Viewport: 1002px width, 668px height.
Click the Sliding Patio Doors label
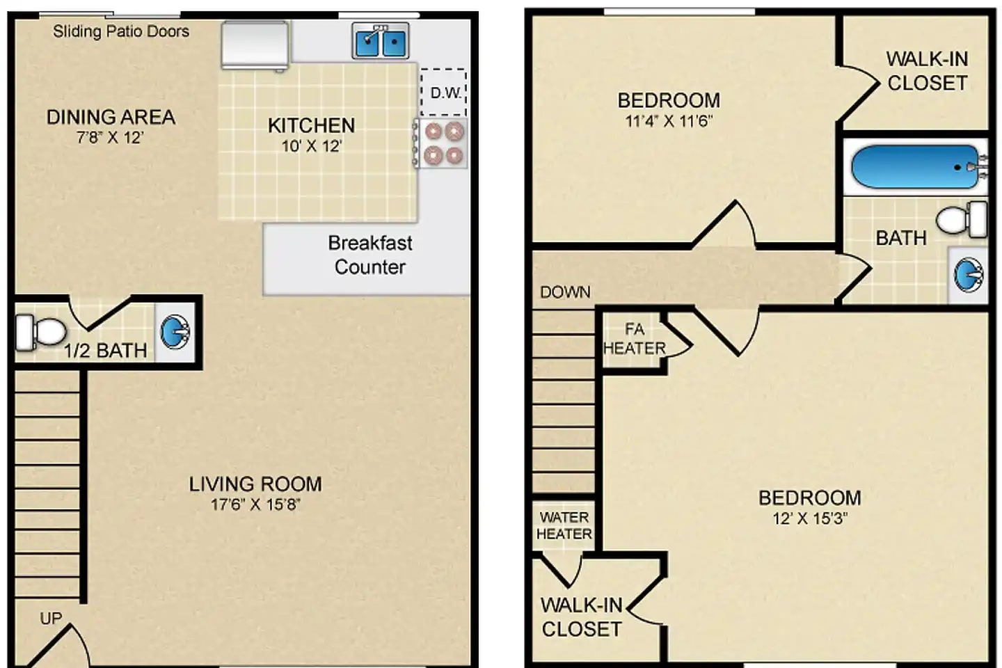tap(121, 31)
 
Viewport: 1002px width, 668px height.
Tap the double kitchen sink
tap(380, 41)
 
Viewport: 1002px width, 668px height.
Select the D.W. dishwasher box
tap(443, 93)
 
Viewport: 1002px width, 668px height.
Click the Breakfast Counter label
tap(370, 255)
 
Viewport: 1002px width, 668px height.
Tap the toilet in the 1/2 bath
tap(40, 332)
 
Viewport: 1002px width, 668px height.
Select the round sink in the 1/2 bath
tap(175, 332)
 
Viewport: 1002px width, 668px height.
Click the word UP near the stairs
tap(51, 619)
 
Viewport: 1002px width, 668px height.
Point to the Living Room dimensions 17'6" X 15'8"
tap(255, 504)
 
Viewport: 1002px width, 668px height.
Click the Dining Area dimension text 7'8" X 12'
tap(110, 138)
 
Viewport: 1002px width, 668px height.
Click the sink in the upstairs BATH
tap(969, 275)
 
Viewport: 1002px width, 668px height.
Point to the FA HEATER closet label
tap(635, 339)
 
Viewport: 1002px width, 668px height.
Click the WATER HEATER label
tap(564, 526)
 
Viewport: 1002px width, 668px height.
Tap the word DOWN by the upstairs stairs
tap(566, 292)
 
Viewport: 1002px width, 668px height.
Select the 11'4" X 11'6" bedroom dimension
tap(669, 121)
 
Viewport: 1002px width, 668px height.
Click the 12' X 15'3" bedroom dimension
tap(810, 518)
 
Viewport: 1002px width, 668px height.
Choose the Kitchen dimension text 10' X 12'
tap(312, 146)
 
